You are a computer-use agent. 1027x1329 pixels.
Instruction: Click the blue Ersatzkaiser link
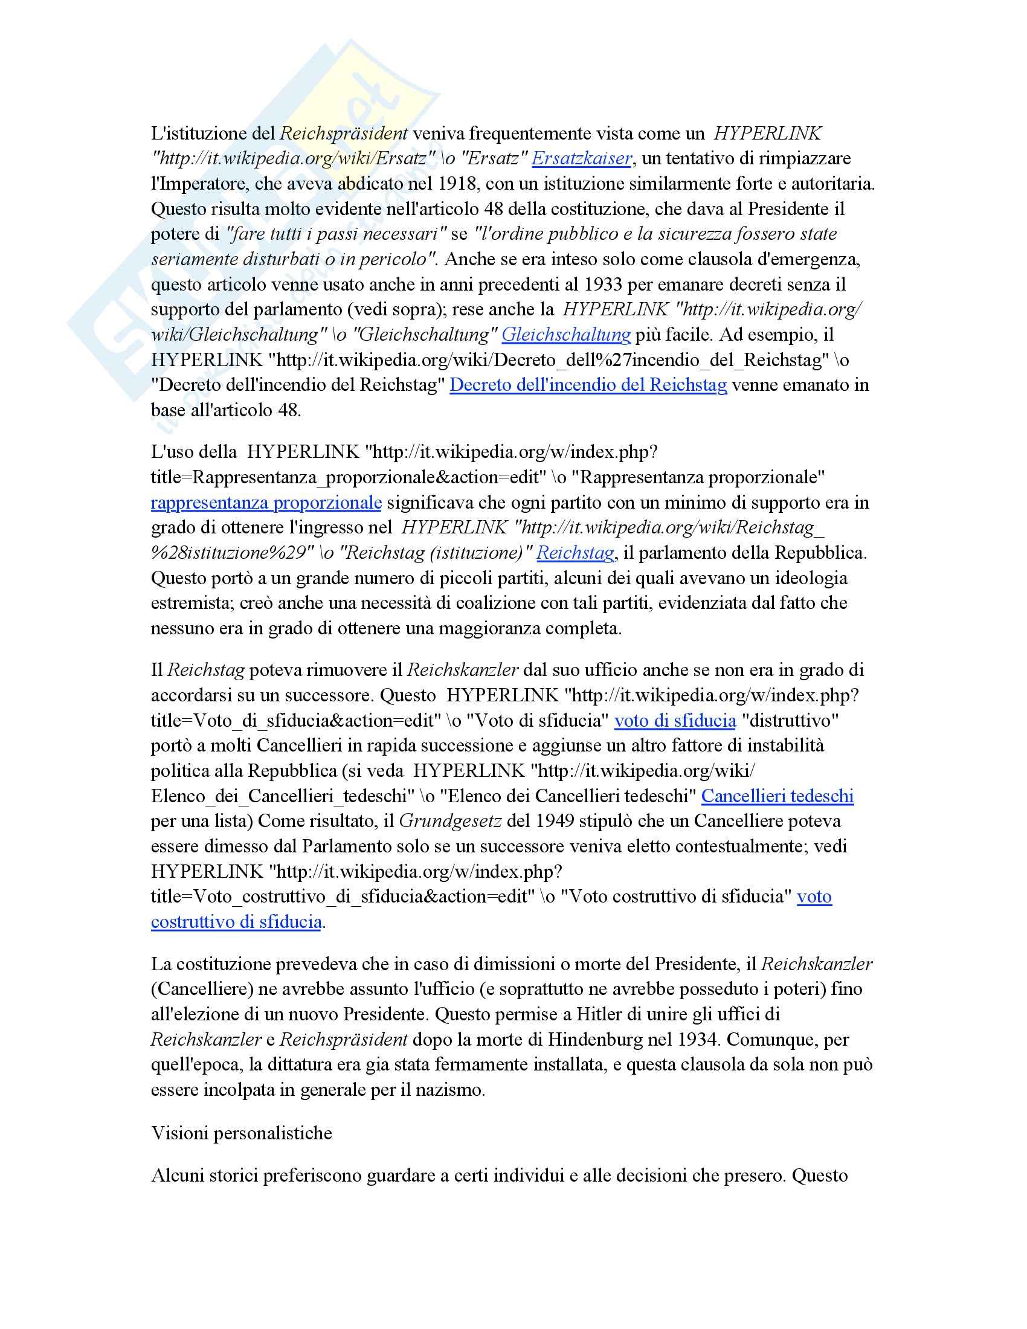click(582, 159)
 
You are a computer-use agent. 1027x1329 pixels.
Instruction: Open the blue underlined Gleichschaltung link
click(566, 335)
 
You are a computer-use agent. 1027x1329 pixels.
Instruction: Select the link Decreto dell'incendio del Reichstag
click(588, 385)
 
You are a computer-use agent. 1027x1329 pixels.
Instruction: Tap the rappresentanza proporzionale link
click(266, 503)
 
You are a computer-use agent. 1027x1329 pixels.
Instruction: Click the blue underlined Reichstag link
click(575, 553)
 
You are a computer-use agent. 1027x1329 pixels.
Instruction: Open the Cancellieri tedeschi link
click(777, 796)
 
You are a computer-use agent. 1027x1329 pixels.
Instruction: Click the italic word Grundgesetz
click(450, 822)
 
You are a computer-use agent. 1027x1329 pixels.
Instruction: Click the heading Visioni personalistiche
click(242, 1133)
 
